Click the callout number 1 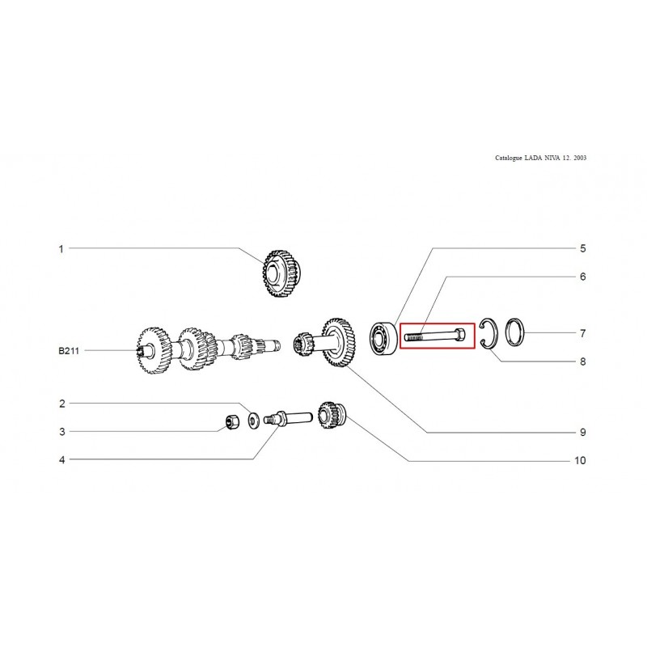(x=61, y=249)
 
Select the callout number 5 (x=582, y=248)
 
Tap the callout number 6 (x=582, y=277)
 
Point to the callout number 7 (x=582, y=333)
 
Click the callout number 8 (x=582, y=362)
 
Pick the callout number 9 (x=582, y=432)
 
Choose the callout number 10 (x=580, y=460)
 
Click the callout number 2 (x=62, y=404)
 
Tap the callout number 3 (x=62, y=432)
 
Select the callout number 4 (x=62, y=459)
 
